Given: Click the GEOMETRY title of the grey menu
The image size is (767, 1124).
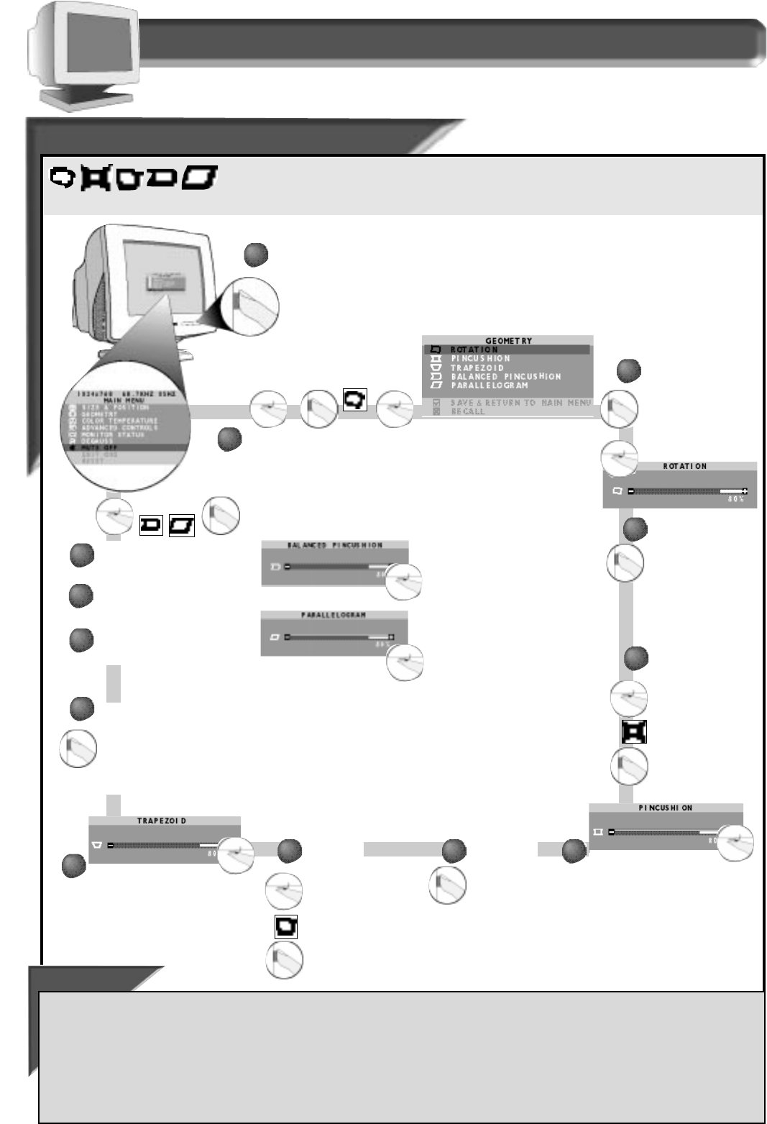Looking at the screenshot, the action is [x=508, y=341].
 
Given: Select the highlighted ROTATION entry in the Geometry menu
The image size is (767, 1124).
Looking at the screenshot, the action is [x=474, y=349].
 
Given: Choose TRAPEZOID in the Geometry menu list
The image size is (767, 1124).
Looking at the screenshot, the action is [x=477, y=367].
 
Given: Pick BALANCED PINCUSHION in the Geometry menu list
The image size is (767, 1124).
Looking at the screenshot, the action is [x=506, y=376].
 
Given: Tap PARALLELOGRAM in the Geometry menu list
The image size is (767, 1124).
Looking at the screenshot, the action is [x=490, y=385].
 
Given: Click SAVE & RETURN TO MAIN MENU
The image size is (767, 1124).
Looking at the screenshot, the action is [x=520, y=403].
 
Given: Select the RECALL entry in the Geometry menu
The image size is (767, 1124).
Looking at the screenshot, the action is [x=468, y=412].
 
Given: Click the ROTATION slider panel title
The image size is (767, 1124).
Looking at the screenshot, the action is [x=684, y=466].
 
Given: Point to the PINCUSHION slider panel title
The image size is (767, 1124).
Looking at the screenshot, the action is [x=666, y=808].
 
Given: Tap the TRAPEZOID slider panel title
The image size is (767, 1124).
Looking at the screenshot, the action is [x=162, y=821].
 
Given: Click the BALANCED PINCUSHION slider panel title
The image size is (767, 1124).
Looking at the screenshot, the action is [x=335, y=545].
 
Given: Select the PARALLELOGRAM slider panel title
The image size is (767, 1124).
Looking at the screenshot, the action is [x=334, y=616].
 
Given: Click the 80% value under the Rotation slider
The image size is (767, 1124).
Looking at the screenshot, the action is [x=735, y=499].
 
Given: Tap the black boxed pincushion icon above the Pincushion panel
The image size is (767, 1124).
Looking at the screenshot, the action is [x=634, y=731].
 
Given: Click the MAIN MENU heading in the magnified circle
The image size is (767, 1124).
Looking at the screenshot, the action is [x=124, y=400].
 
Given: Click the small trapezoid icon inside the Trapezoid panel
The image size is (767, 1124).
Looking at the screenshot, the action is [x=97, y=845].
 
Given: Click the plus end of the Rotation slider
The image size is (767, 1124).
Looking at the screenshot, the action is [x=744, y=491].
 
